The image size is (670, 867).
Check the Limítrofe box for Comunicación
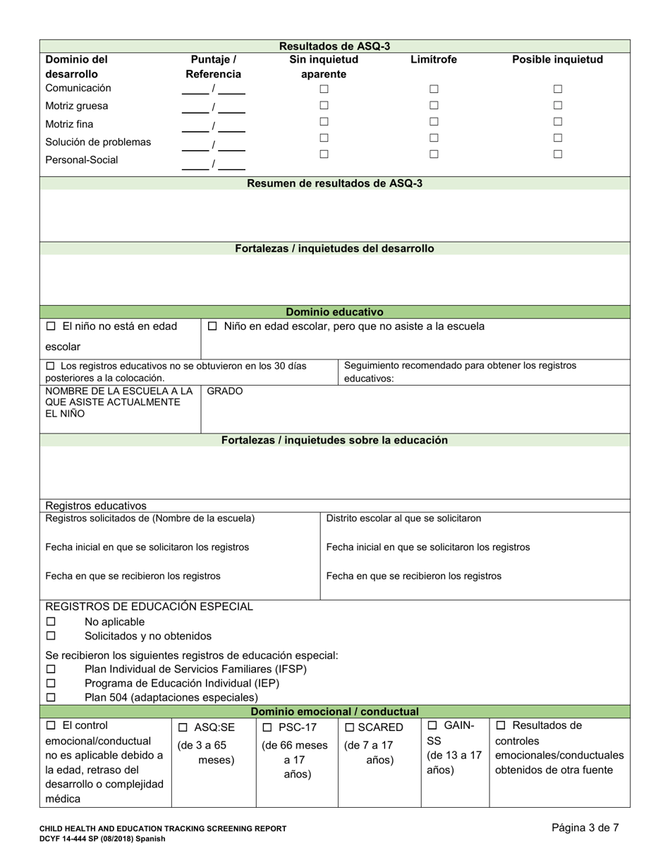pos(434,90)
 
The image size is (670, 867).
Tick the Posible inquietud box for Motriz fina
pos(557,123)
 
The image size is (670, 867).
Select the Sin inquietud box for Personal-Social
pos(324,154)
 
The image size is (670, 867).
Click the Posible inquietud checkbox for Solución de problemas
pos(557,138)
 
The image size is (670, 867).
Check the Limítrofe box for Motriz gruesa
pos(434,106)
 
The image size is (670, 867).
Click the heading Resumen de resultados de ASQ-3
pos(334,184)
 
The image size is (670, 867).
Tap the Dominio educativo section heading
pos(334,312)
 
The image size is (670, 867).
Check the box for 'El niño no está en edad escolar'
pos(51,327)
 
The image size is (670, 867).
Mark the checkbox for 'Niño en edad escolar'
pos(212,327)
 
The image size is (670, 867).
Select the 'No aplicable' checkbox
pos(51,622)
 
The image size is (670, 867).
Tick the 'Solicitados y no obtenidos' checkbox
pos(51,637)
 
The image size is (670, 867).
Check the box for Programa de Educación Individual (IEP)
pos(51,684)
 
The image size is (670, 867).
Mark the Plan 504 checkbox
pos(51,698)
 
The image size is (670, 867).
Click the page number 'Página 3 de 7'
pos(585,828)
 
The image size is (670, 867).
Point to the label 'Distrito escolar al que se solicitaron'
pos(403,519)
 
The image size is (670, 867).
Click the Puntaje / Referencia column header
pos(213,67)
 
